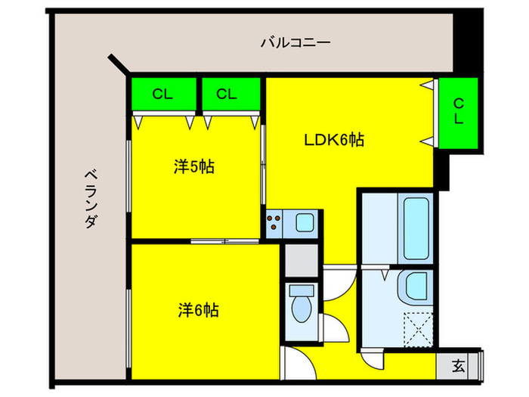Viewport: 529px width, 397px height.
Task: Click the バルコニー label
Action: coord(295,42)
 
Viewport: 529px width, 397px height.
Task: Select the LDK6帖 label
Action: coord(334,140)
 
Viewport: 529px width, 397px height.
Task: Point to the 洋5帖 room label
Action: coord(194,167)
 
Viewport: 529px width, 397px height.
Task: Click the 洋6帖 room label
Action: coord(199,310)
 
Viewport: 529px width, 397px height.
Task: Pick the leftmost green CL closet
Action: coord(162,95)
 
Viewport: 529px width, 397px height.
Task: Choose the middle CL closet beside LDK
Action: coord(227,95)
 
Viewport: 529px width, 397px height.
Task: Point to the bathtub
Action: coord(416,227)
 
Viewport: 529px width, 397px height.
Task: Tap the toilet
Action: coord(302,310)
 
